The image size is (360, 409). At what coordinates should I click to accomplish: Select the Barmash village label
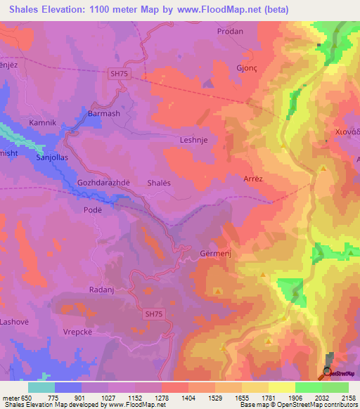coord(104,113)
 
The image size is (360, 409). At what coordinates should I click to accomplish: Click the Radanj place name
coord(102,290)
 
